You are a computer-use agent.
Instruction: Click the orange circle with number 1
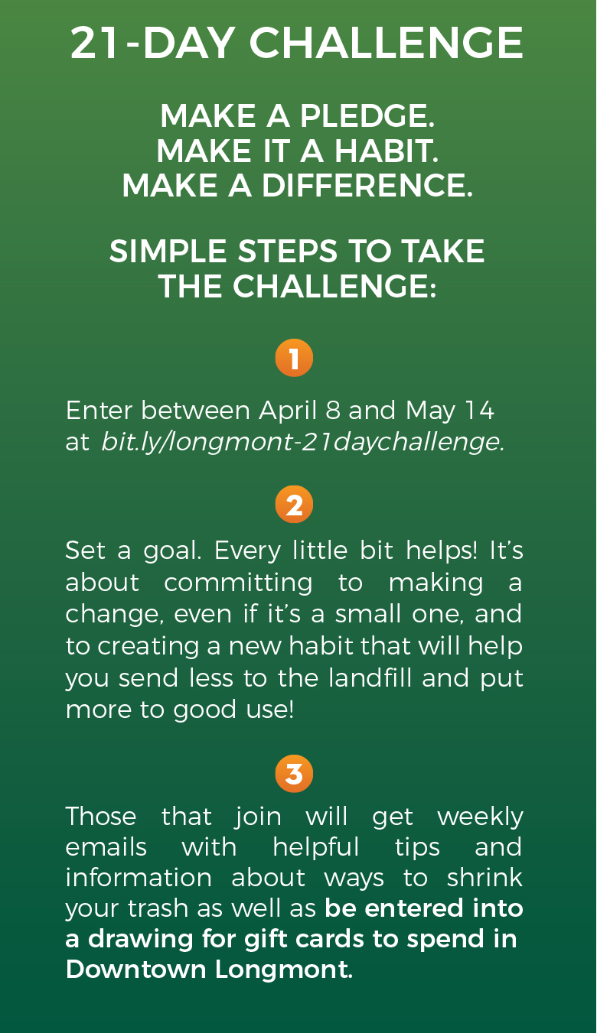click(294, 358)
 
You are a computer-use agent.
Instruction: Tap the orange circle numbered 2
click(294, 505)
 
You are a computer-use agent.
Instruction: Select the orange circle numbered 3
click(294, 774)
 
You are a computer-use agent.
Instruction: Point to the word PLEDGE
click(367, 116)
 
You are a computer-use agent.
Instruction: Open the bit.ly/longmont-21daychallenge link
click(302, 443)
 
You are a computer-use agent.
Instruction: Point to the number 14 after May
click(480, 411)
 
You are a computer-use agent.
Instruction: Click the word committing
click(238, 583)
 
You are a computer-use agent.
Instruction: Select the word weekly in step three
click(481, 817)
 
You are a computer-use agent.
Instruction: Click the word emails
click(106, 847)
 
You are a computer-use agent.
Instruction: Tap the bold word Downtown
click(135, 970)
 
